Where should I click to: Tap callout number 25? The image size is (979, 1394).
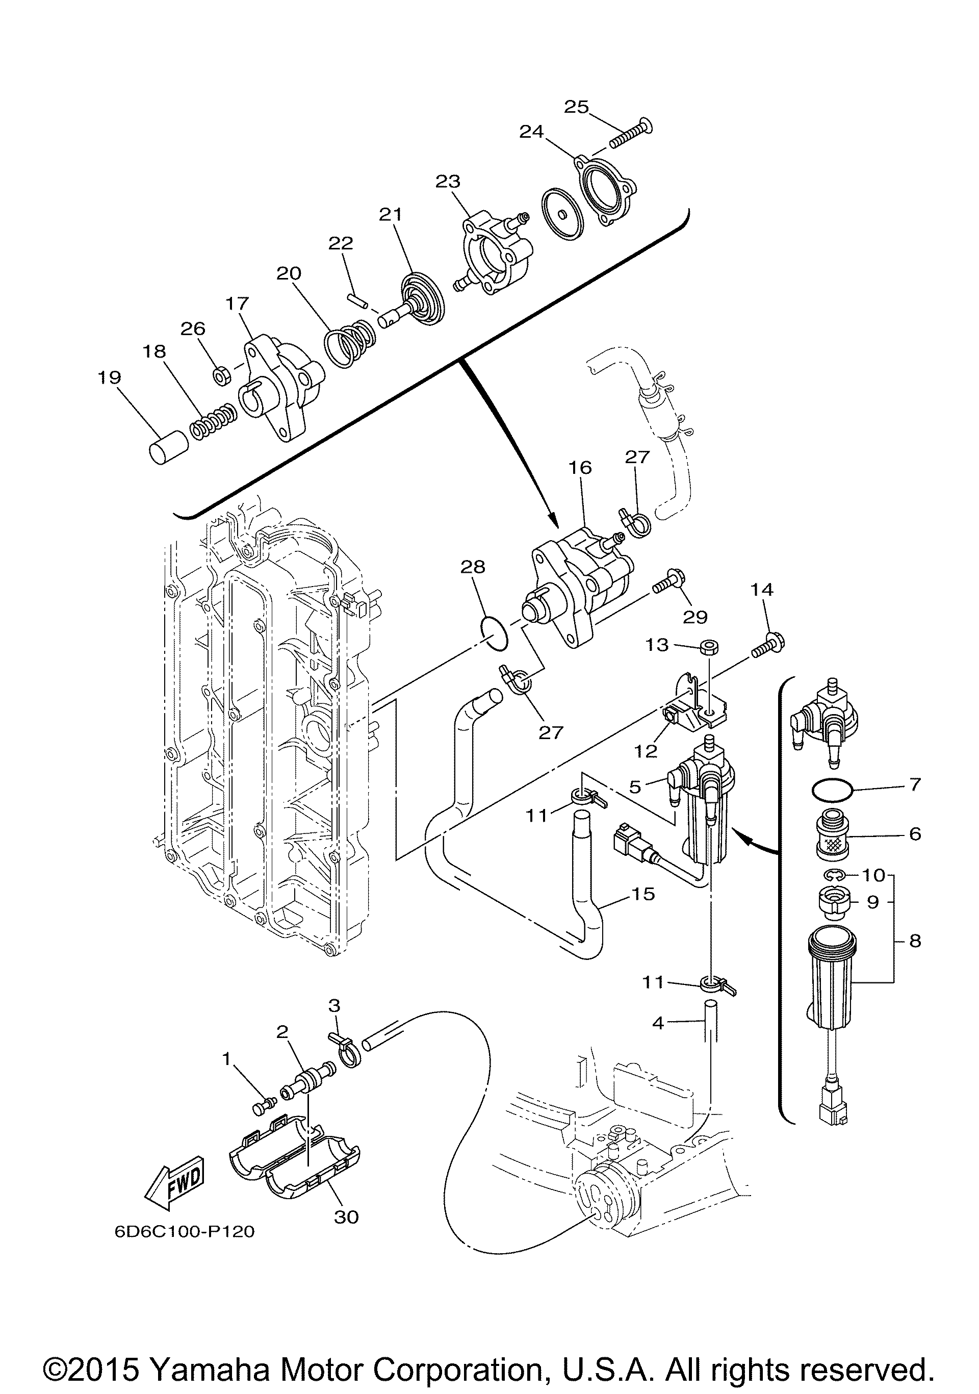tap(576, 107)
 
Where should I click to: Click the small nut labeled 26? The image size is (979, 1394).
tap(221, 376)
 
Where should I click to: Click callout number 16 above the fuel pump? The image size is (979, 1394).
tap(580, 468)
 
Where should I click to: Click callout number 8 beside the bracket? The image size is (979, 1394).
tap(915, 941)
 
